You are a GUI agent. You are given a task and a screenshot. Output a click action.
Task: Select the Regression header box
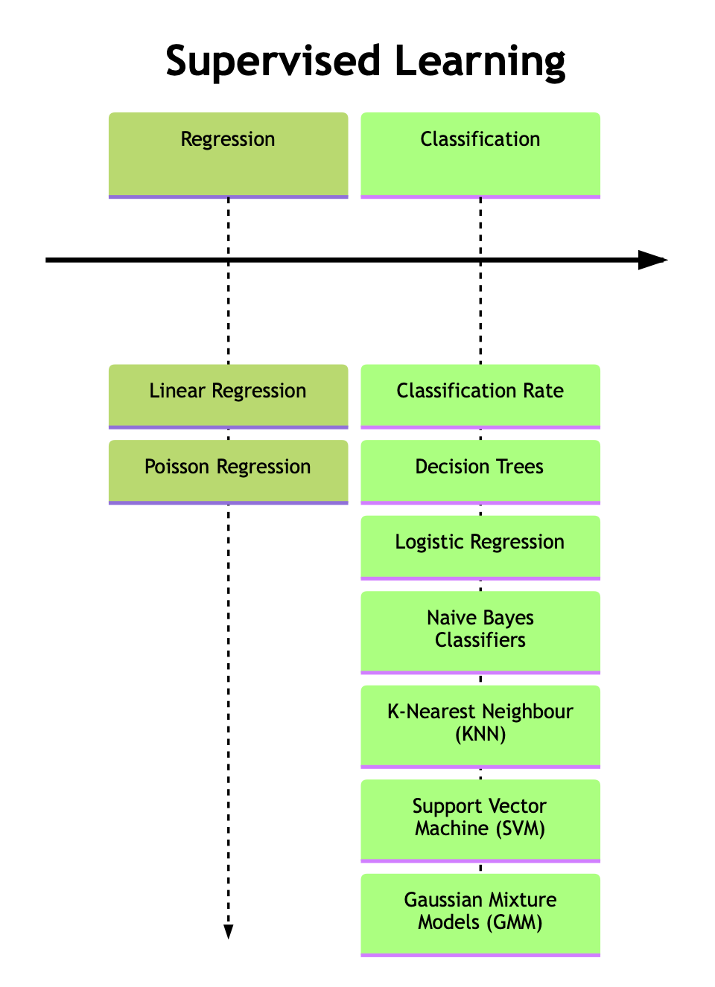228,155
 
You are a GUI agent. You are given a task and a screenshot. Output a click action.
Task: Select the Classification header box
480,155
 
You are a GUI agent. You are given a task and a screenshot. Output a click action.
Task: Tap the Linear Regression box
228,396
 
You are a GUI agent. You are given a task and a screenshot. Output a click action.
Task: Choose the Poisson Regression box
228,471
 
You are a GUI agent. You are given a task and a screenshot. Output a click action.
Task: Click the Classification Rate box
480,396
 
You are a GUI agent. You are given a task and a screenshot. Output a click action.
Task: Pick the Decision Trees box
480,471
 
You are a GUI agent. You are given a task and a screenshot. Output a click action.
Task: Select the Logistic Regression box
480,547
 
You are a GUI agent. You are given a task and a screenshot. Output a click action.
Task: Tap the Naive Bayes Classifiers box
480,632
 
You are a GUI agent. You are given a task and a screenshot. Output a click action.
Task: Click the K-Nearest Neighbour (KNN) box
480,726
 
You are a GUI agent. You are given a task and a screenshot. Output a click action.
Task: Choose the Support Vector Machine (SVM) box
480,820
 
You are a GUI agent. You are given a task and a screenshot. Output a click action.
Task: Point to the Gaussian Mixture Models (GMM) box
480,914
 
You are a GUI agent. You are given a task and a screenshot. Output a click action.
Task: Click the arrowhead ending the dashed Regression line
229,931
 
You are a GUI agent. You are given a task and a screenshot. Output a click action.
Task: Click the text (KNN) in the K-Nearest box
480,735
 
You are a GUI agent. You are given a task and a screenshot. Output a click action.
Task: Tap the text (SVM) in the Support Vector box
518,828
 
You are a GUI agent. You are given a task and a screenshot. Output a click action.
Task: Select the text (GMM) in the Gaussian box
517,923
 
